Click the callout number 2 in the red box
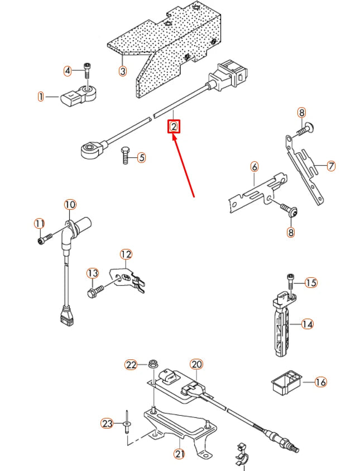pos(174,127)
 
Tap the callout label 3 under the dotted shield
pos(123,71)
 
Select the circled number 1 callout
pos(41,97)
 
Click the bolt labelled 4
pos(87,71)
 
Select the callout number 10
pos(69,204)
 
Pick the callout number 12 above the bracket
pos(126,254)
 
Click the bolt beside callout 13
pos(98,290)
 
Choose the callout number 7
pos(331,166)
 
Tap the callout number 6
pos(255,166)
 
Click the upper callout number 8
pos(301,113)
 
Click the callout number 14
pos(308,323)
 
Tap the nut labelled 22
pos(151,365)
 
